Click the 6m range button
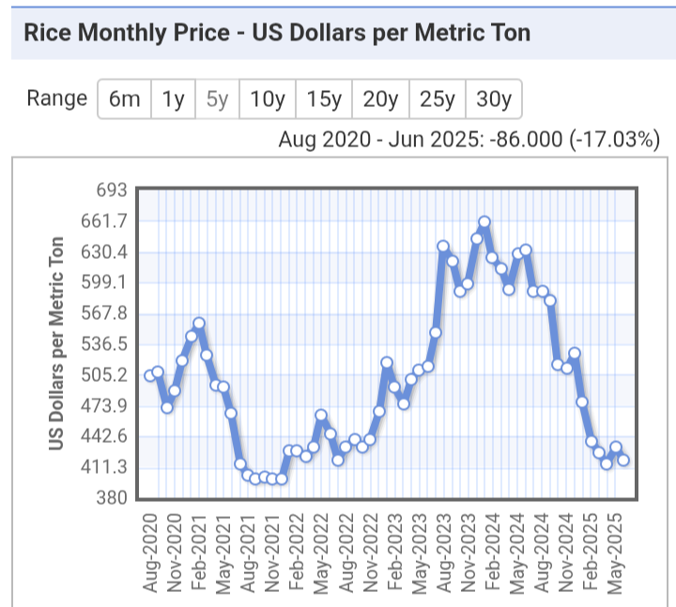[x=124, y=99]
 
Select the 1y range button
[x=173, y=99]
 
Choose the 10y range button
[x=268, y=99]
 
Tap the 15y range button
[x=324, y=99]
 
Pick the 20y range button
[x=380, y=99]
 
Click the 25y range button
[x=437, y=99]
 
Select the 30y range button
[x=493, y=99]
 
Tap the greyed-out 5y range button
[x=217, y=99]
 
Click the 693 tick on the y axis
[x=111, y=190]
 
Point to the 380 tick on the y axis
[x=111, y=498]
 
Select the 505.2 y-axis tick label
[x=104, y=375]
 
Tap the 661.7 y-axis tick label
[x=104, y=221]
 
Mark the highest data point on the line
[x=484, y=222]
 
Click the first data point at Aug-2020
[x=150, y=376]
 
